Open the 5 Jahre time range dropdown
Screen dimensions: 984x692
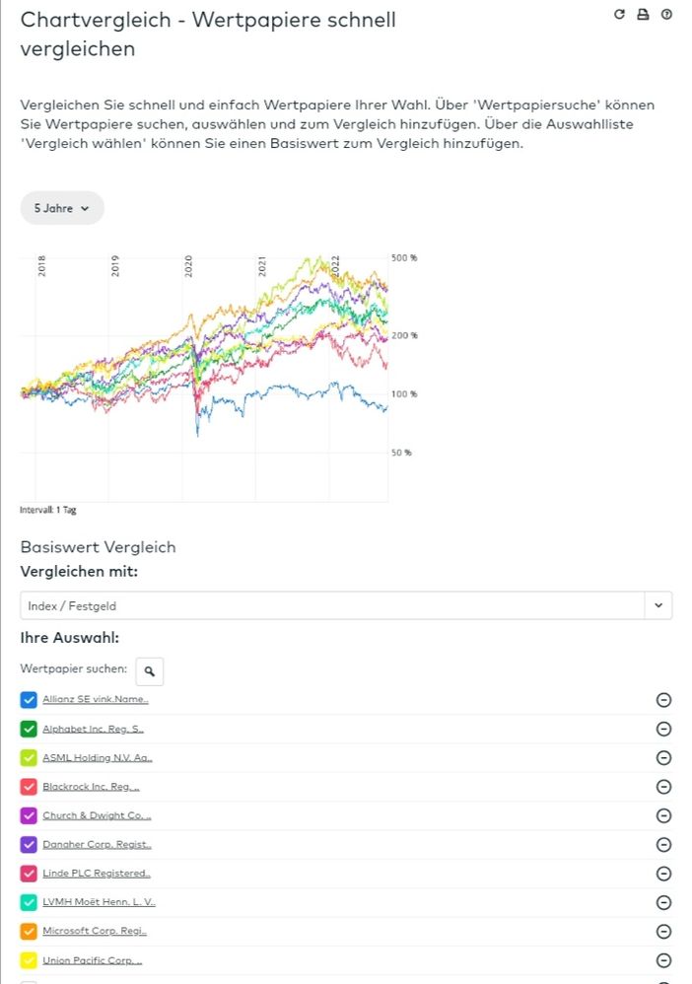62,208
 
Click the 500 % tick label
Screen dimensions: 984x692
405,257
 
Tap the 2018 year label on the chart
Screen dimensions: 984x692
41,266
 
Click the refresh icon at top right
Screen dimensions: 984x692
619,15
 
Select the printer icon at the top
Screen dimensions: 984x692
643,15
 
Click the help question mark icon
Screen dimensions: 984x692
666,15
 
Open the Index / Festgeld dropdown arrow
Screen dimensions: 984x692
657,605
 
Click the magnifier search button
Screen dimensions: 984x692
150,671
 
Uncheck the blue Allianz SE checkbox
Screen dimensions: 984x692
29,700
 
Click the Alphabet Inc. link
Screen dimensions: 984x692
94,729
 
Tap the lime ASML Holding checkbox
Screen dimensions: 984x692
29,758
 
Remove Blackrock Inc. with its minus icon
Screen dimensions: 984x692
663,787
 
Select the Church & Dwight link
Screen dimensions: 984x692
97,815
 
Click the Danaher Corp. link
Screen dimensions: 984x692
97,845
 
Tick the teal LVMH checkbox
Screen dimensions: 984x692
29,902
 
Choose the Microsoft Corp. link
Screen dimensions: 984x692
95,931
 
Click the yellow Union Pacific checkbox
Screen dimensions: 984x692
29,960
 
